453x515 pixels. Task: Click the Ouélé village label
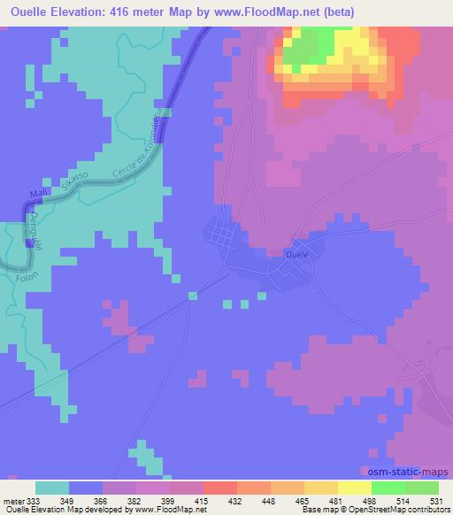(x=296, y=252)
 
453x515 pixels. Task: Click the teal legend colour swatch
(x=52, y=488)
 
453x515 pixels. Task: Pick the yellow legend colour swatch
(x=321, y=488)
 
